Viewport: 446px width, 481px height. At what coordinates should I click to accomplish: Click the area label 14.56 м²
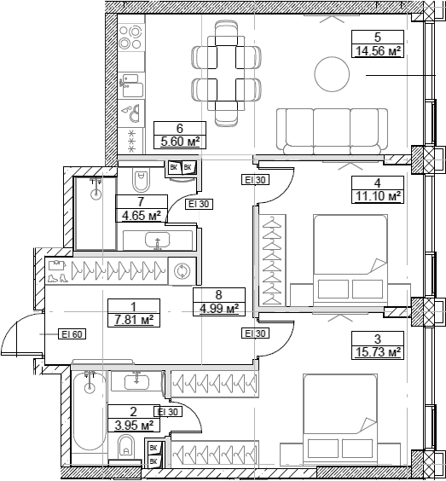[x=377, y=51]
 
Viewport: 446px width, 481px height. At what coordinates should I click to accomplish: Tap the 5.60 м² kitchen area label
[x=177, y=142]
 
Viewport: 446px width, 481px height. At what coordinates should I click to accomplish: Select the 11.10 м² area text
[x=376, y=196]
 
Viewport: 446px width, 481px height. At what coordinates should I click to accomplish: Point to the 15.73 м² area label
[x=376, y=351]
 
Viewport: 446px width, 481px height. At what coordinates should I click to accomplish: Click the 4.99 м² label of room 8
[x=218, y=309]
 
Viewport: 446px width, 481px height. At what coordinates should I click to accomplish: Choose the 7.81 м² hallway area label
[x=133, y=320]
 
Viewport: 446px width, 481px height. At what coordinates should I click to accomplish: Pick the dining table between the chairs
[x=227, y=73]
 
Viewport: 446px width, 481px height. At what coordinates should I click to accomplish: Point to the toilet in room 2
[x=125, y=445]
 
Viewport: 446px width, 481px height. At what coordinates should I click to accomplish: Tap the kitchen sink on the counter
[x=131, y=84]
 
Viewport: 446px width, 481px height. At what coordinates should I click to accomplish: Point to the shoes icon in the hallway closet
[x=59, y=275]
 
